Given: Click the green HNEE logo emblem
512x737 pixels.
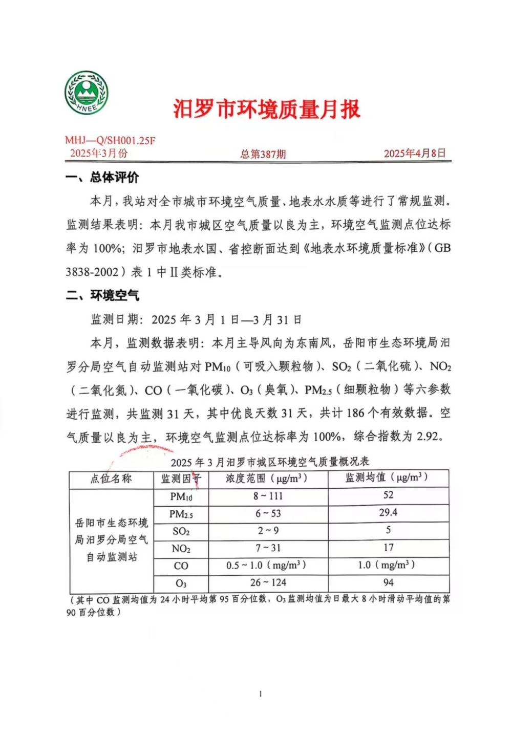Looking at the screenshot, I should click(x=87, y=93).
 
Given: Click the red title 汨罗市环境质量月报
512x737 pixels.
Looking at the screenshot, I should click(x=266, y=110).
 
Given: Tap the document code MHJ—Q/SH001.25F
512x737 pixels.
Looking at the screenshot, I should click(x=110, y=140).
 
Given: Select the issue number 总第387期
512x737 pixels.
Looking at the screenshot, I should click(x=263, y=154).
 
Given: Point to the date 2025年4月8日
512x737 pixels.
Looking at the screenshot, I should click(x=415, y=153).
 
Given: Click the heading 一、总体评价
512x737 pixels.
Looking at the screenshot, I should click(x=102, y=178).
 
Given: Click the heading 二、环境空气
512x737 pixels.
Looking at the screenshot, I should click(x=102, y=295).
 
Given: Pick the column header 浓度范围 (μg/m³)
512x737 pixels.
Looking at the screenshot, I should click(x=267, y=479).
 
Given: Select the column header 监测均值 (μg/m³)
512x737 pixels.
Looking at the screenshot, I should click(x=387, y=478).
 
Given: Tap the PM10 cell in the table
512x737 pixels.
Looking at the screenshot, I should click(x=181, y=496).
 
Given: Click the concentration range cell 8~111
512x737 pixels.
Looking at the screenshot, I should click(x=268, y=496).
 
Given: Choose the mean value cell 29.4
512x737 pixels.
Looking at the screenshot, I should click(x=388, y=512).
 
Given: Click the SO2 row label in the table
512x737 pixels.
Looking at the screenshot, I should click(x=181, y=531).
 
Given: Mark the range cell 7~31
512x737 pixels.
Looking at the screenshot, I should click(x=268, y=548).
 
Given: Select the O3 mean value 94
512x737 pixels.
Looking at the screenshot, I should click(x=388, y=582).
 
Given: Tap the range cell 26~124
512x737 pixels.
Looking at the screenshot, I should click(x=268, y=582).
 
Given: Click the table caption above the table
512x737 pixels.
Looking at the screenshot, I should click(x=270, y=462).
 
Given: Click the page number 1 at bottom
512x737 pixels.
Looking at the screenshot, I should click(x=261, y=694).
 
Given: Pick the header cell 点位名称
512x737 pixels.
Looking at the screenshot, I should click(x=111, y=479).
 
